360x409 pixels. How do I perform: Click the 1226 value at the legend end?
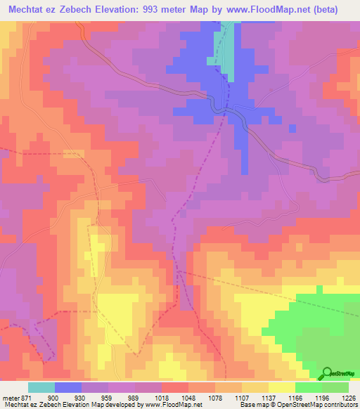[349, 398]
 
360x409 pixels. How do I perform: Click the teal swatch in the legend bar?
[41, 387]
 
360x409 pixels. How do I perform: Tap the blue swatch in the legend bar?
[68, 387]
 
